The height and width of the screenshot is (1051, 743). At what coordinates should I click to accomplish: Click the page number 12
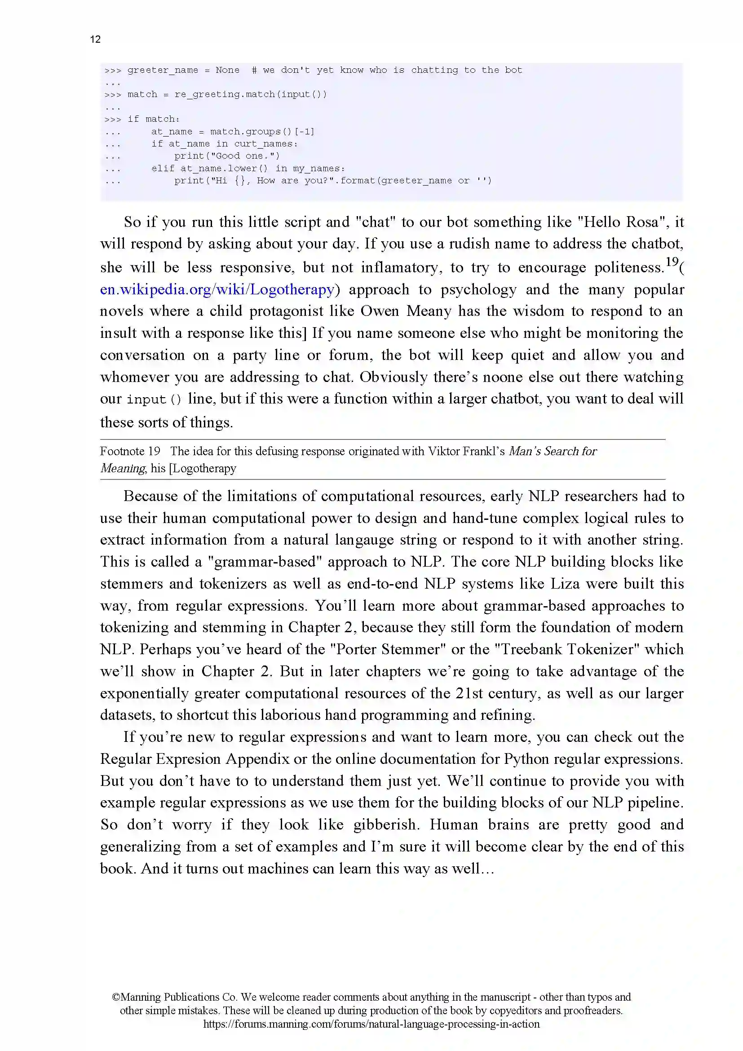point(95,40)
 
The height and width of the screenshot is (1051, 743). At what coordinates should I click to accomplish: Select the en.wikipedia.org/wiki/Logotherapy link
point(217,290)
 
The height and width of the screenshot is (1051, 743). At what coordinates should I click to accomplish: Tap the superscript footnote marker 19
point(672,262)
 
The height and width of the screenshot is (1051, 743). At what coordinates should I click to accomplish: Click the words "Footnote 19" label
point(130,451)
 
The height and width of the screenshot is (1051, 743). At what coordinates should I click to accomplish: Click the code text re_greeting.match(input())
point(250,94)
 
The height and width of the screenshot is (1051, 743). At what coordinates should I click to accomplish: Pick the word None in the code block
point(227,70)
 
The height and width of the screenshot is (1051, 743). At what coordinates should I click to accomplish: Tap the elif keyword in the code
point(163,169)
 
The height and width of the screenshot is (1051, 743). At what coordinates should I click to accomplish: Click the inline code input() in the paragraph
point(154,399)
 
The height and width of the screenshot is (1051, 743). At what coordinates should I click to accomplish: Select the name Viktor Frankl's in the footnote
point(466,451)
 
